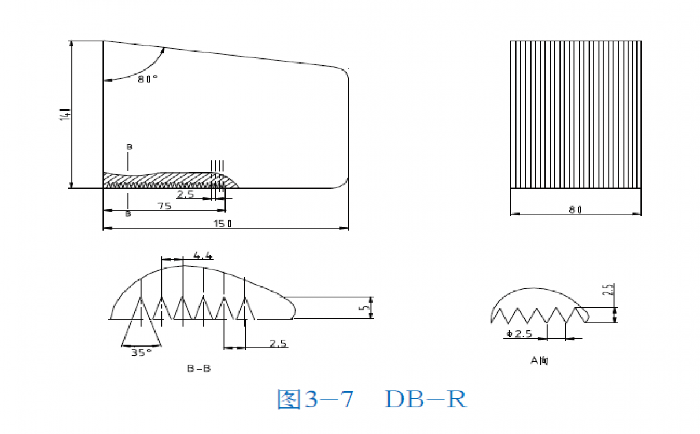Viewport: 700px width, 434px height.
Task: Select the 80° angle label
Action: tap(148, 80)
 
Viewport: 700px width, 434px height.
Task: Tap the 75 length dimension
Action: tap(164, 206)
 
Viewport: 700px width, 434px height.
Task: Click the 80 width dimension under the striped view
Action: tap(575, 209)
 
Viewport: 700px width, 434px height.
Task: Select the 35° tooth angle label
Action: tap(141, 352)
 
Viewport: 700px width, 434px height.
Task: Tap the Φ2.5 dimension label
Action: tap(518, 334)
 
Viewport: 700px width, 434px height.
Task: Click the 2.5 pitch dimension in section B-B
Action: tap(278, 343)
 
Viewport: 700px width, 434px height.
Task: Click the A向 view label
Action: tap(539, 361)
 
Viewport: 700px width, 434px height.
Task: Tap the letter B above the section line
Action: tap(129, 147)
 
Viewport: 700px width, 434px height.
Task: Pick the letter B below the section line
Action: tap(128, 214)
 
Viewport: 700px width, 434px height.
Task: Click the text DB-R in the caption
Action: tap(426, 399)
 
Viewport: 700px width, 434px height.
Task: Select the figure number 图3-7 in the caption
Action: tap(315, 399)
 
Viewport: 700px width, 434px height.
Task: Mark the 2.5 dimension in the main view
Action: tap(186, 195)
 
